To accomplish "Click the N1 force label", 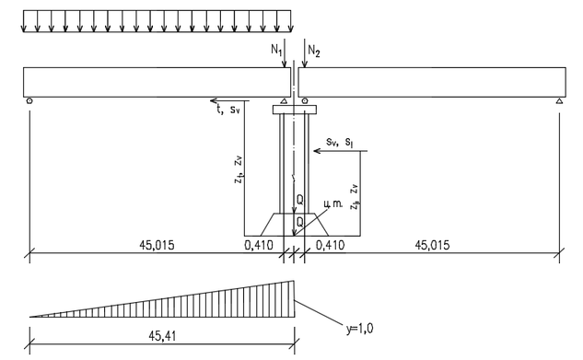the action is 276,50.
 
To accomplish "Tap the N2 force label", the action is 314,52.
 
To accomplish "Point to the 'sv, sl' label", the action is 340,143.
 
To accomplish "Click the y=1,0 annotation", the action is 360,329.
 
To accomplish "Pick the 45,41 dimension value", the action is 162,336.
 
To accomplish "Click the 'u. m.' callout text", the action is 332,203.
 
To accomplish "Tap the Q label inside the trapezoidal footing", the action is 299,222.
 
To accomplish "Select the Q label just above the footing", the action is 299,200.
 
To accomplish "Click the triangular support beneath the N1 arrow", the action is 284,100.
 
